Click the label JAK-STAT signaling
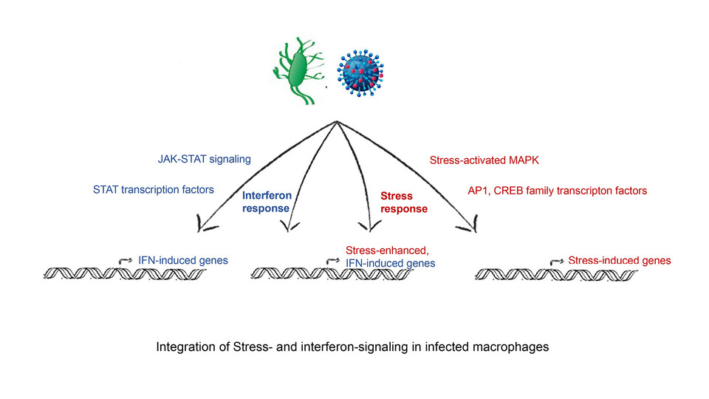pyautogui.click(x=205, y=158)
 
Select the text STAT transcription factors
pyautogui.click(x=154, y=190)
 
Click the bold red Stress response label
pyautogui.click(x=403, y=203)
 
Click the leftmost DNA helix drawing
pyautogui.click(x=123, y=273)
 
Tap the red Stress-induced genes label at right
pyautogui.click(x=620, y=260)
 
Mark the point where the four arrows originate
pyautogui.click(x=337, y=121)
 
